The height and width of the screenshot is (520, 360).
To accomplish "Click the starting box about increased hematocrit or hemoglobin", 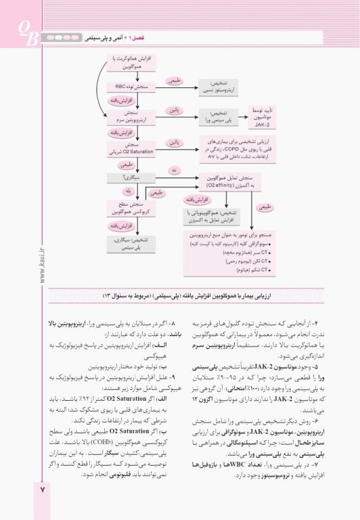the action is tap(128, 65).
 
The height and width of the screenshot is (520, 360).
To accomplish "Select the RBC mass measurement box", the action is tap(128, 87).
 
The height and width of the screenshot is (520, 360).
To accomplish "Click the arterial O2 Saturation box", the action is tap(128, 147).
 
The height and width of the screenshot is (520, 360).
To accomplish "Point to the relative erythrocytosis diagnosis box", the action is tap(219, 87).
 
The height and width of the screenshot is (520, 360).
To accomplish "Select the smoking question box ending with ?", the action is tap(128, 177).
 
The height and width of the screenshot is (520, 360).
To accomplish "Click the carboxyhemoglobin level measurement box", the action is tap(128, 207).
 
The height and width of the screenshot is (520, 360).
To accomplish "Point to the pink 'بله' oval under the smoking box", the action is tap(129, 192).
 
